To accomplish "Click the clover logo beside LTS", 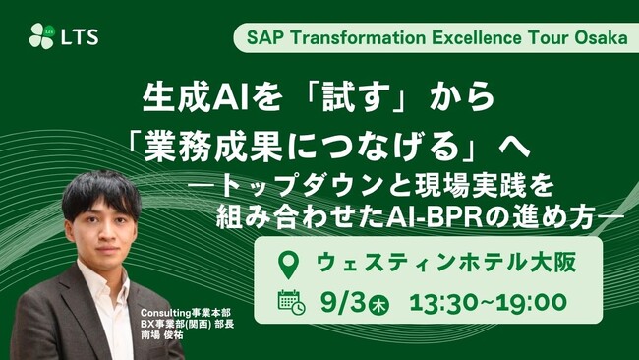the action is pyautogui.click(x=42, y=36).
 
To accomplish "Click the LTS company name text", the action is pyautogui.click(x=80, y=37).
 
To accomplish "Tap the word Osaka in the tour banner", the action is pyautogui.click(x=601, y=38).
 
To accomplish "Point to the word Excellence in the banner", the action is pyautogui.click(x=477, y=38).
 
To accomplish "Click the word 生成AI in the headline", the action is pyautogui.click(x=195, y=97).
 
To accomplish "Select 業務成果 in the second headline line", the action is pyautogui.click(x=213, y=146).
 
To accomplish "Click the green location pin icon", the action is pyautogui.click(x=288, y=265).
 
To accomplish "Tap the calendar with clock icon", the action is pyautogui.click(x=291, y=303).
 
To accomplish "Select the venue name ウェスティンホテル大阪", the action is pyautogui.click(x=446, y=263).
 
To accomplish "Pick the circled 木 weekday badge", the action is pyautogui.click(x=379, y=305).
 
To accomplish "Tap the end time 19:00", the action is pyautogui.click(x=532, y=303).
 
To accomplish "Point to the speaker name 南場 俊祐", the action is pyautogui.click(x=162, y=335).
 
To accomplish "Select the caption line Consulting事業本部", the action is pyautogui.click(x=186, y=313).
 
